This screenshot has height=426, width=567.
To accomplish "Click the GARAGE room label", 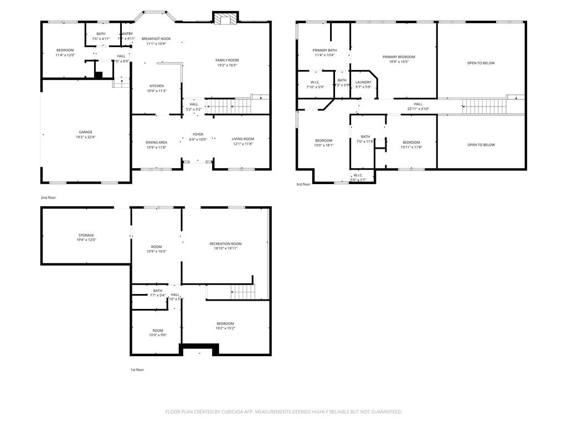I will [x=85, y=132].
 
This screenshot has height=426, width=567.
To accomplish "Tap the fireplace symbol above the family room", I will [x=225, y=19].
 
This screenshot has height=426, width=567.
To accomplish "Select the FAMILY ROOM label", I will [x=226, y=60].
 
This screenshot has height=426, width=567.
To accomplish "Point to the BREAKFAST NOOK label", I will [x=156, y=38].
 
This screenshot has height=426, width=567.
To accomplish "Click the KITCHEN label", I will [x=156, y=86].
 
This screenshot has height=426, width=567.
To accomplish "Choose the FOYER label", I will [x=198, y=134].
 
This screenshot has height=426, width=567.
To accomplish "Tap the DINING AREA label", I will [x=156, y=142].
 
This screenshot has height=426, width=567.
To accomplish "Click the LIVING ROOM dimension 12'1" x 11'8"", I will [x=243, y=144].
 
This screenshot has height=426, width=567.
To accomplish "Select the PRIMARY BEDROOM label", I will [x=398, y=57].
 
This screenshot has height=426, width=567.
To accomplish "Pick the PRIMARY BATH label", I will [x=324, y=50].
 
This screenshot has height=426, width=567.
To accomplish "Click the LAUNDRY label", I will [x=363, y=82].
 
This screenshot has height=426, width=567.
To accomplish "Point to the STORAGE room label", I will [x=86, y=235].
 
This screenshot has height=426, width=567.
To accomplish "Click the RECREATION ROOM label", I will [x=225, y=244].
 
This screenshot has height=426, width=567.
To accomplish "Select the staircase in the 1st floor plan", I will [x=243, y=291].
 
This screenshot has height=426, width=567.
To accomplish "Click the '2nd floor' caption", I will [x=48, y=197].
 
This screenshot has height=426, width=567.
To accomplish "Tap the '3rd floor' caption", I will [x=303, y=184].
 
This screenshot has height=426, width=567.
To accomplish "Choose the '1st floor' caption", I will [x=137, y=369].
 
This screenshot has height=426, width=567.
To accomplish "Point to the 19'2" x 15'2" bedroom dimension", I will [x=225, y=328].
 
